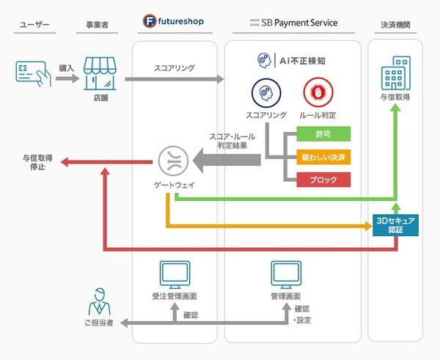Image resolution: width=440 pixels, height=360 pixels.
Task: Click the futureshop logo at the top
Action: (x=175, y=22)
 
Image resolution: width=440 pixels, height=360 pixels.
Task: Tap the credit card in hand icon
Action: (x=30, y=73)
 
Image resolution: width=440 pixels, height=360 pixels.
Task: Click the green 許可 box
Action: (x=323, y=134)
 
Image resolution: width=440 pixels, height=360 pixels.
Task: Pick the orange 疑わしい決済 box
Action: (x=323, y=156)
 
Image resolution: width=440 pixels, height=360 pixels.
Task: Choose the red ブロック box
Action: (x=323, y=179)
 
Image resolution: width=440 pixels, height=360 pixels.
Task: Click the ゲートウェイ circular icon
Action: (x=175, y=161)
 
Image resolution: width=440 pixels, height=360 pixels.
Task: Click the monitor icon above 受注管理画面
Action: (x=175, y=274)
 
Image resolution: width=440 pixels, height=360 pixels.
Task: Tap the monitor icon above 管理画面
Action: (x=287, y=274)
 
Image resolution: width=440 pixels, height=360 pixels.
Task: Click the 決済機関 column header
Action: (x=395, y=23)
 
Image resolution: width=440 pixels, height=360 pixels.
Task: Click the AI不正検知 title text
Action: (x=301, y=59)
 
